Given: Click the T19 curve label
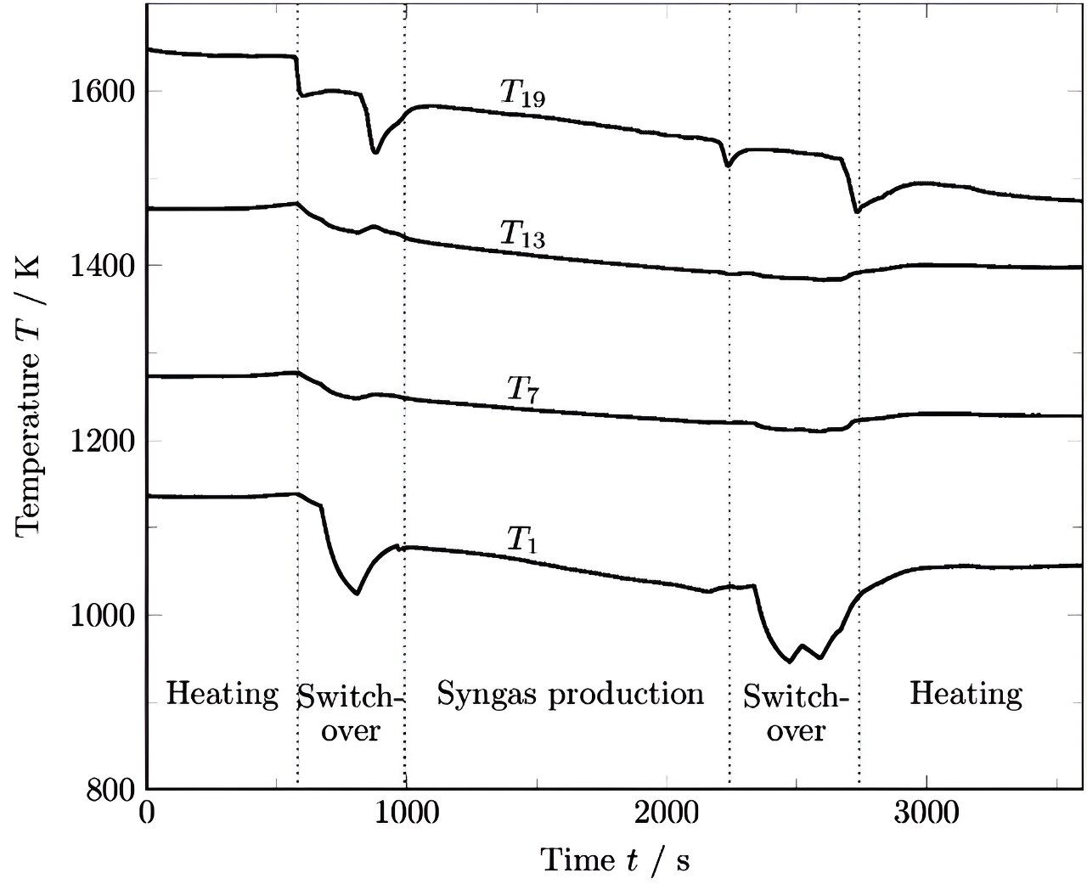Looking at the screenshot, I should click(x=521, y=94).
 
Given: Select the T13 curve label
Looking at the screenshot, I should click(x=521, y=234).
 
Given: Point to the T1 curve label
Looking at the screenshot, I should click(x=522, y=540).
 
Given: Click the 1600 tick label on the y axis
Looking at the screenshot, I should click(x=100, y=91).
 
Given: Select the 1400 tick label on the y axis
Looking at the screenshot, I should click(x=100, y=266).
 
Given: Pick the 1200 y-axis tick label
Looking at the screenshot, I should click(x=100, y=441).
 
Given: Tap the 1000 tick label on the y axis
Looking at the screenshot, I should click(x=100, y=615).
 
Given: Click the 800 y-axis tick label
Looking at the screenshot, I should click(x=110, y=790).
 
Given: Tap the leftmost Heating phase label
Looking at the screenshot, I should click(x=222, y=695).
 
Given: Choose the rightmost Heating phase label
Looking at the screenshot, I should click(x=966, y=695).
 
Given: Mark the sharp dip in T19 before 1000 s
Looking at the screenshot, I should click(x=375, y=152).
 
